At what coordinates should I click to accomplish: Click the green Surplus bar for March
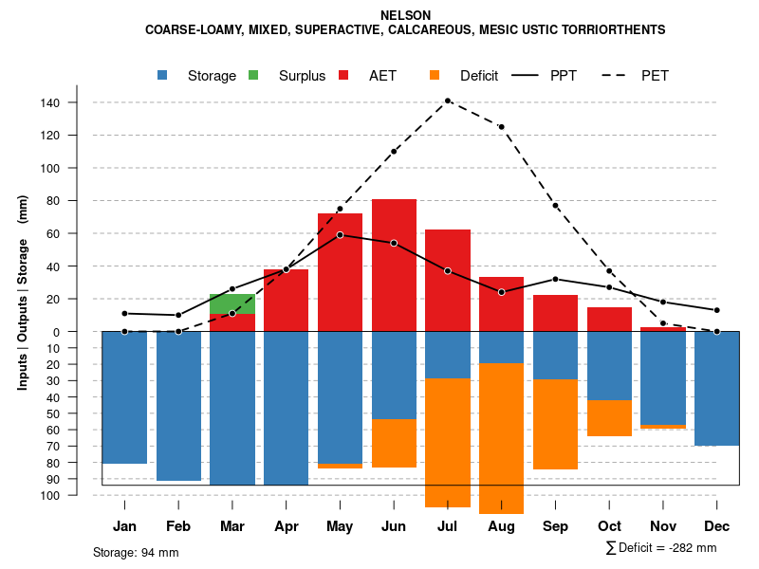pos(232,303)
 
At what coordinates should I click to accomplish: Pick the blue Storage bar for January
pos(124,397)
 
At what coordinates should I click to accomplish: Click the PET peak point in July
pos(447,101)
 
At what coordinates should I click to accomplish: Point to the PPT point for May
pos(340,234)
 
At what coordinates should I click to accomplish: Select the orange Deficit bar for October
pos(609,418)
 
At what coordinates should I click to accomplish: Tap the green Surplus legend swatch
pos(254,76)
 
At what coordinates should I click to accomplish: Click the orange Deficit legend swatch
pos(435,76)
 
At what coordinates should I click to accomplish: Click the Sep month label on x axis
pos(555,526)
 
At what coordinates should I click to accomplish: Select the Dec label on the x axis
pos(717,526)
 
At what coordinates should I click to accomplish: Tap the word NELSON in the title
pos(405,15)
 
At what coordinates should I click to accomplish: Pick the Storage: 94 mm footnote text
pos(136,552)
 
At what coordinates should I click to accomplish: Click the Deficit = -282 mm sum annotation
pos(661,547)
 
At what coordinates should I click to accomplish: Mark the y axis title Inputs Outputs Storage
pos(23,292)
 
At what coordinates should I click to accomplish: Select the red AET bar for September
pos(555,313)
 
